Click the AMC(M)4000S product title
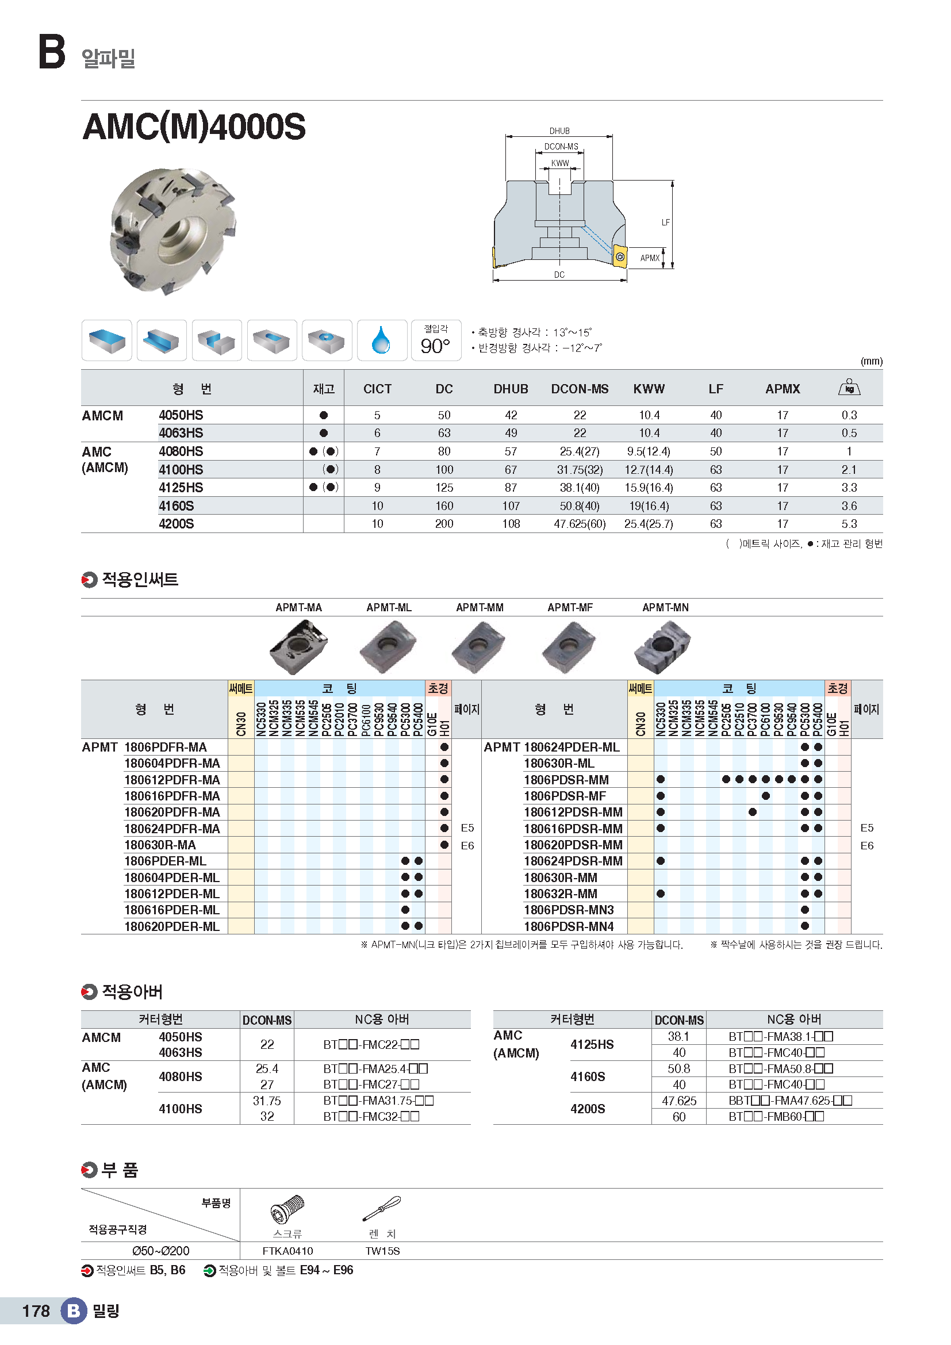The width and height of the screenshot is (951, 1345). [x=194, y=127]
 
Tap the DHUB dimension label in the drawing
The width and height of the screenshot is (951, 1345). [x=559, y=131]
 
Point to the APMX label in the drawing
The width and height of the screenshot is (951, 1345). [x=649, y=258]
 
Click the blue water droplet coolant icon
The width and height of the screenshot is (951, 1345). [x=381, y=340]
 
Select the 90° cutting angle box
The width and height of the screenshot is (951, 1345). [x=436, y=340]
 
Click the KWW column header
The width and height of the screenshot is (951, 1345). [x=649, y=389]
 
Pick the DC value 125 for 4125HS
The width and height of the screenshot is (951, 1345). [x=444, y=488]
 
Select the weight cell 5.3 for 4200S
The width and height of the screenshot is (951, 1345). [x=849, y=524]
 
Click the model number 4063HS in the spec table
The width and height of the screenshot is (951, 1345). [x=181, y=433]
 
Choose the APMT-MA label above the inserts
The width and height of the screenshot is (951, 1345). [x=298, y=607]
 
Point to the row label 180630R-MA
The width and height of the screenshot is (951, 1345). [x=160, y=845]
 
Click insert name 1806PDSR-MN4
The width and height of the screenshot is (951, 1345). [x=569, y=926]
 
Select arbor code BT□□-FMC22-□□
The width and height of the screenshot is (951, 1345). [x=371, y=1044]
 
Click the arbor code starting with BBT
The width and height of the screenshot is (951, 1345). [x=790, y=1101]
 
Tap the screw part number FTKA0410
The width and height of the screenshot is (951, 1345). [x=287, y=1251]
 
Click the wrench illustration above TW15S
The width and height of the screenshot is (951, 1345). [x=382, y=1209]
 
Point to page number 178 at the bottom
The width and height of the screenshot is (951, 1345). [x=36, y=1311]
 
